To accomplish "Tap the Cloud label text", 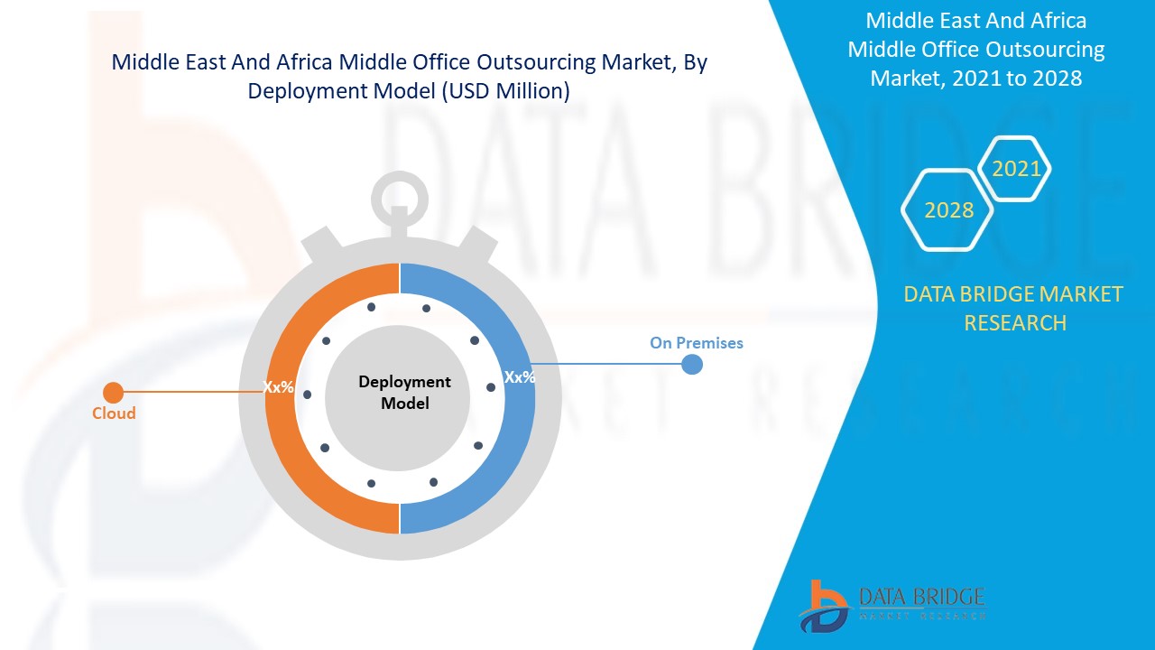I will pos(114,413).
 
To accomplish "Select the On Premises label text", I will pos(696,343).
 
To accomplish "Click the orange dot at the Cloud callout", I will pos(113,393).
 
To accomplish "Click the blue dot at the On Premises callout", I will pos(692,364).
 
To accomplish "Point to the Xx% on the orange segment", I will pos(278,386).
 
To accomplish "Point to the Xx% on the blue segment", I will pos(519,377).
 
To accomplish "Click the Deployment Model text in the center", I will pos(404,393).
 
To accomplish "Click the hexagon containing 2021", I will pos(1016,169).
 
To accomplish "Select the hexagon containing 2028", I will pos(948,210).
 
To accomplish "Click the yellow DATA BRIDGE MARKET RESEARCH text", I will pos(1014,308).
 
